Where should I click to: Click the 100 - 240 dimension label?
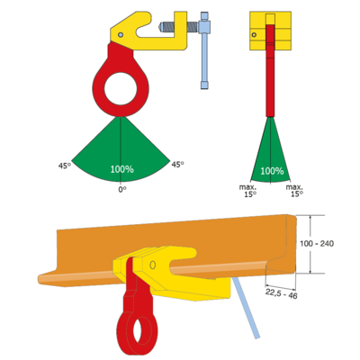click(x=317, y=244)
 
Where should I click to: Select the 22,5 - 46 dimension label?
click(x=281, y=293)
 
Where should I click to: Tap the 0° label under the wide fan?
click(x=122, y=190)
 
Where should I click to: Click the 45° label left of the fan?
click(x=65, y=166)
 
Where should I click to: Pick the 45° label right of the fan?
click(x=177, y=165)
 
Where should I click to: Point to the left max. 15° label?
click(x=247, y=191)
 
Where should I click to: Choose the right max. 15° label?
click(x=294, y=191)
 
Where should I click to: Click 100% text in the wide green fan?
click(x=121, y=169)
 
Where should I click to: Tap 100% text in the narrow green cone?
click(x=272, y=171)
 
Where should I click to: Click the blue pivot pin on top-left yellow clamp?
click(x=121, y=35)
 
